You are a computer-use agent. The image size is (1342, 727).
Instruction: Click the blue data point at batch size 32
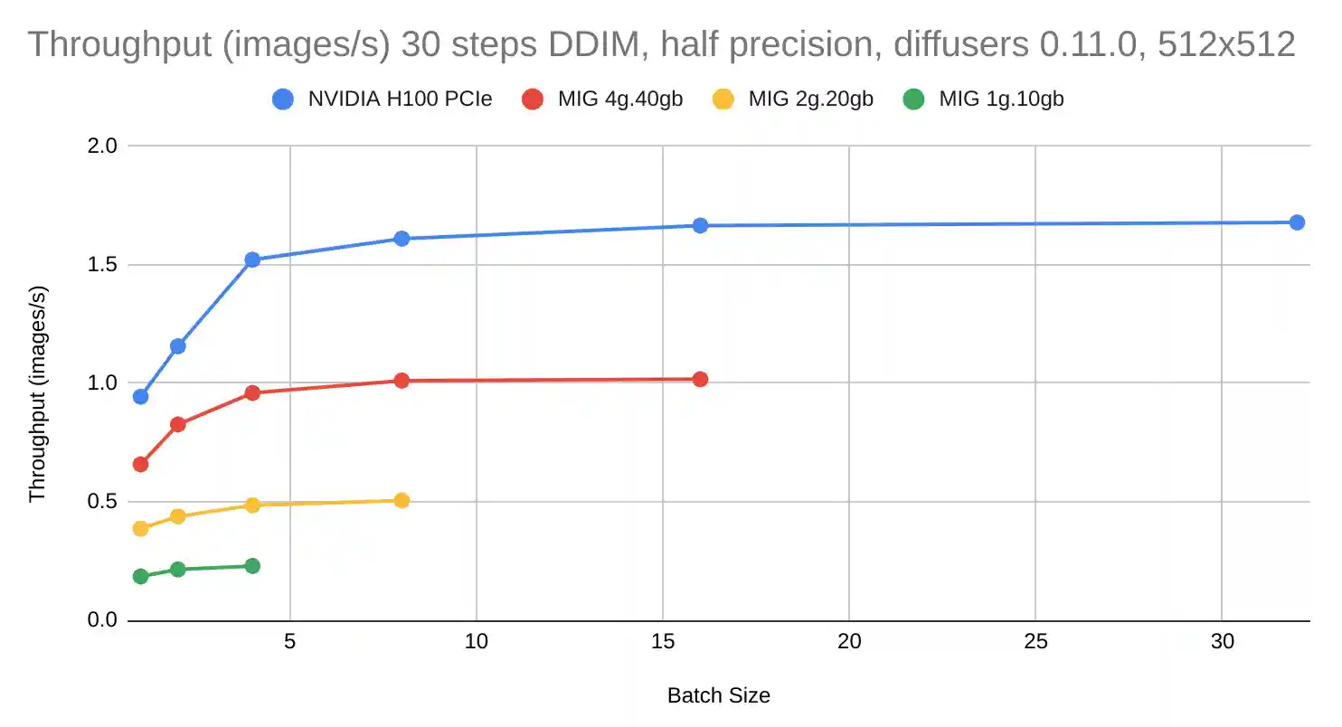(1297, 222)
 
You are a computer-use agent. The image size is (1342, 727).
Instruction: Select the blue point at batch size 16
(700, 225)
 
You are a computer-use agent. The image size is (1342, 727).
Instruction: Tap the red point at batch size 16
(700, 379)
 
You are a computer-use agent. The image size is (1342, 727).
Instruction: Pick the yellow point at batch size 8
(402, 500)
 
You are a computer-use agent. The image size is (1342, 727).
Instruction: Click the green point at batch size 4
(252, 566)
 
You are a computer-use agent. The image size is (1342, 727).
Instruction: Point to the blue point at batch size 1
(140, 396)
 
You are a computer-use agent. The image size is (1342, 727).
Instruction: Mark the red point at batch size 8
(402, 381)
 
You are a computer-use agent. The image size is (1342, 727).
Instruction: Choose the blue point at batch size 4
(252, 260)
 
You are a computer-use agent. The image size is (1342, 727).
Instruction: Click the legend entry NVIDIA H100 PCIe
(400, 99)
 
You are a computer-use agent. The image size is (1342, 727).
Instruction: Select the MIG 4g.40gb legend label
(619, 99)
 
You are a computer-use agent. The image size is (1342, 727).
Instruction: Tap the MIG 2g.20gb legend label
(810, 99)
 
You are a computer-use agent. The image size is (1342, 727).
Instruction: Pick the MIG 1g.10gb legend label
(1001, 99)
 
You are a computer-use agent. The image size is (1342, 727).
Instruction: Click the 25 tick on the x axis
(1035, 641)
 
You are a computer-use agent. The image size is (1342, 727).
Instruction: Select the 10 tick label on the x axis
(477, 641)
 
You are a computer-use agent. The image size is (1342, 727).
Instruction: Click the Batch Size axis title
(719, 695)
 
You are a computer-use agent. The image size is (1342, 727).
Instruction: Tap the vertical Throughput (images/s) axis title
(37, 394)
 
